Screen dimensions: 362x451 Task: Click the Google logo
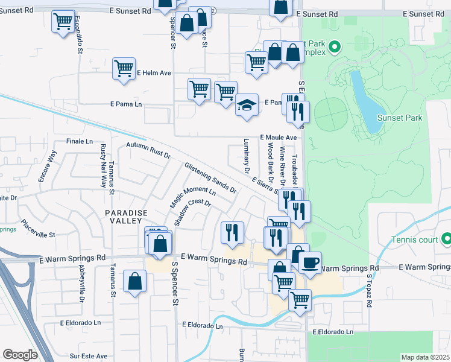(x=20, y=355)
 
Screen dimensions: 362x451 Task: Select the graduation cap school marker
(x=247, y=106)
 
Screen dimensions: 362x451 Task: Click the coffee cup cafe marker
(x=310, y=262)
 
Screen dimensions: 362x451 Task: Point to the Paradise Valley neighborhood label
(x=126, y=217)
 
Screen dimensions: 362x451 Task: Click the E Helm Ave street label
(x=154, y=73)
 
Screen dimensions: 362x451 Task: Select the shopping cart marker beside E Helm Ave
(x=124, y=68)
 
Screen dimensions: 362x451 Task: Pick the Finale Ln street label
(x=80, y=142)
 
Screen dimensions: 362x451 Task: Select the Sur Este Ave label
(x=88, y=356)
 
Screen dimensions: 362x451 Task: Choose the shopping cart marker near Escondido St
(x=63, y=22)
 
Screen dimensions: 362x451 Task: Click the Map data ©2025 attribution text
(x=424, y=357)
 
